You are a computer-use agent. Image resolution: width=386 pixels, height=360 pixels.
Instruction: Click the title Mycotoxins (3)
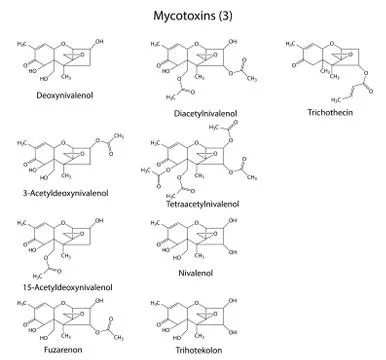(x=194, y=17)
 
